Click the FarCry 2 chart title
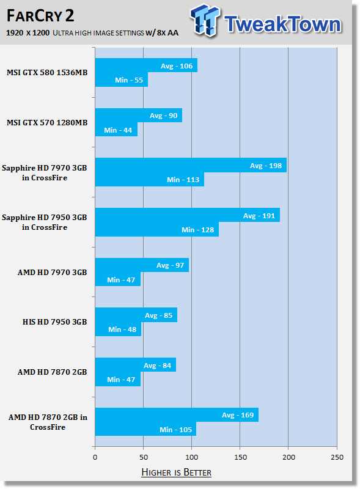(40, 16)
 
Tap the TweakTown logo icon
(205, 20)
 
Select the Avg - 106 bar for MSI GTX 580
(146, 65)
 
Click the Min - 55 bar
(122, 79)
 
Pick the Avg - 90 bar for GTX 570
(139, 115)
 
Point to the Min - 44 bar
(116, 130)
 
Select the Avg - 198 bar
(191, 165)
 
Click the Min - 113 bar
(150, 179)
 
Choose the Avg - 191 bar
(188, 215)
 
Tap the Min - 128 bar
(157, 229)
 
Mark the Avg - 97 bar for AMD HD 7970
(142, 265)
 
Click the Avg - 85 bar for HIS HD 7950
(136, 315)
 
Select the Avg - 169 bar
(177, 414)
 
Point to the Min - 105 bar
(145, 429)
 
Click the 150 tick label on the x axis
(240, 457)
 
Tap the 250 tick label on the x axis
(337, 457)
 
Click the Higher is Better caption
(176, 472)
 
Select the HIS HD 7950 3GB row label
(54, 322)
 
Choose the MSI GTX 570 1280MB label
(47, 123)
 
